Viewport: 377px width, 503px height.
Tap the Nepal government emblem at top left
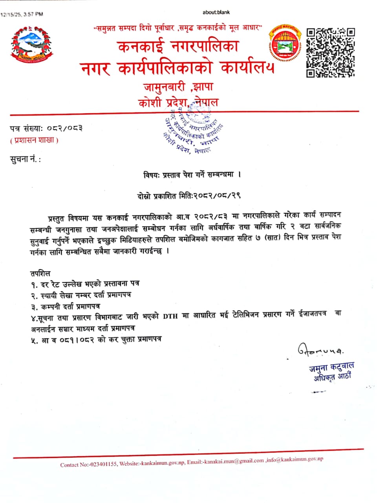click(31, 44)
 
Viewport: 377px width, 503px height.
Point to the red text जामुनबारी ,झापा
click(178, 87)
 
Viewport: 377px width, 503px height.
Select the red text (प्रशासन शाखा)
click(34, 140)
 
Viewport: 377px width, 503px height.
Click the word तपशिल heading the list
click(40, 273)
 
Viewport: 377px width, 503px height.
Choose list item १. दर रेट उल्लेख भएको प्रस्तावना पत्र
click(85, 283)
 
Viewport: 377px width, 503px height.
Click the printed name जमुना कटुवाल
click(331, 367)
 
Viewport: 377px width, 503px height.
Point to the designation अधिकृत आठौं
click(332, 377)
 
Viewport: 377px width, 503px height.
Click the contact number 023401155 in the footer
click(104, 464)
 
